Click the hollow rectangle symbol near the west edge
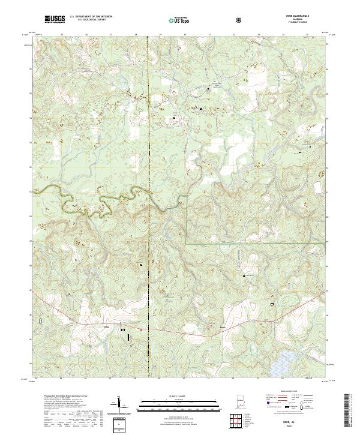41,322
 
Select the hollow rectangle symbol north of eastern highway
272,304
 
